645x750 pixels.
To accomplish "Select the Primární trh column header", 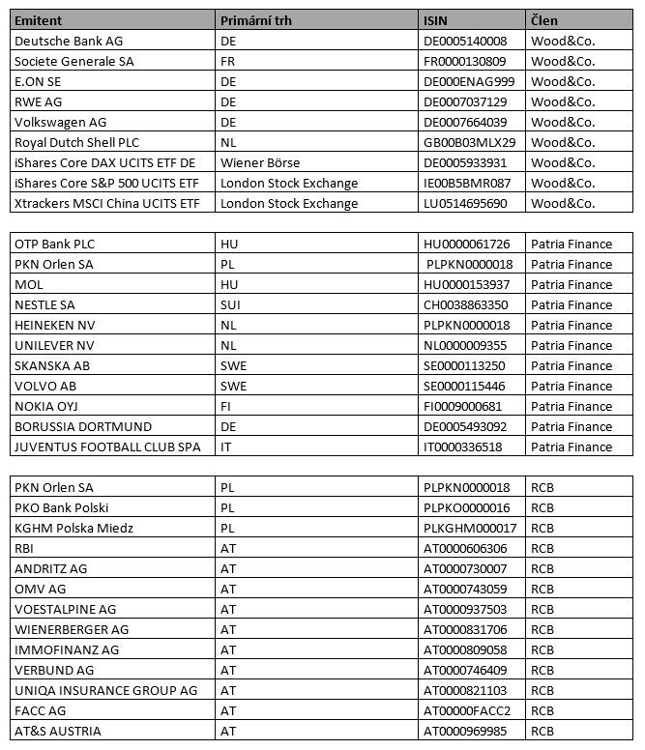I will coord(256,20).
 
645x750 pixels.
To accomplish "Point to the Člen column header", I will coord(544,20).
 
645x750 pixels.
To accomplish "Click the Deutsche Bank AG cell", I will coord(69,41).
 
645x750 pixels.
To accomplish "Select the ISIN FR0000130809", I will coord(465,61).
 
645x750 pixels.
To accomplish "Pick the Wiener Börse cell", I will coord(260,162).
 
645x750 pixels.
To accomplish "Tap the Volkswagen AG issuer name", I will coord(60,122).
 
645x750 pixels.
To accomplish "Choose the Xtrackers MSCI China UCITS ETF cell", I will coord(106,203).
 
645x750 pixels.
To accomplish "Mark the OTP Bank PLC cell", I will coord(55,244).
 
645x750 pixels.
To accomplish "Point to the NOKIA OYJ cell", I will coord(48,406).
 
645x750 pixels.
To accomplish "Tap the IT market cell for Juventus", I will coord(226,447).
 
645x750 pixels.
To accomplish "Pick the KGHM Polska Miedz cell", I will coord(73,528).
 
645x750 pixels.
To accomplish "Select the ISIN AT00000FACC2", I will coord(467,710).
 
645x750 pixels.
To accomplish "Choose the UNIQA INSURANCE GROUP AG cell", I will coord(105,690).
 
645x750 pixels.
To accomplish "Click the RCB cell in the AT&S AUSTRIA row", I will coord(542,731).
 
